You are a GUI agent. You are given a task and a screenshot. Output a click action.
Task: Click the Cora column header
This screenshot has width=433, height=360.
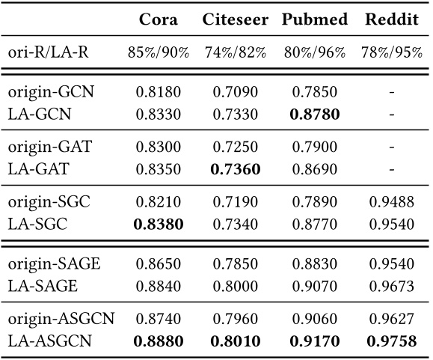pyautogui.click(x=159, y=19)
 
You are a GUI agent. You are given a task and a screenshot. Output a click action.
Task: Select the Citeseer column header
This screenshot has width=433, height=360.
pyautogui.click(x=235, y=19)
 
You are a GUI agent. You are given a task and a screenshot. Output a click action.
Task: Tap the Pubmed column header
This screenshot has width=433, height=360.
pyautogui.click(x=313, y=19)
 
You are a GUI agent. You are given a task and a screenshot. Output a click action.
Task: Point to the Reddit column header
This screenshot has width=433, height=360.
pyautogui.click(x=391, y=19)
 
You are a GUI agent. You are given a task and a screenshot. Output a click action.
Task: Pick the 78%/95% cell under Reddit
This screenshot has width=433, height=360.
pyautogui.click(x=391, y=54)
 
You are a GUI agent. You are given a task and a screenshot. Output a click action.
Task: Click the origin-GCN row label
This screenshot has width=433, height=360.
pyautogui.click(x=52, y=92)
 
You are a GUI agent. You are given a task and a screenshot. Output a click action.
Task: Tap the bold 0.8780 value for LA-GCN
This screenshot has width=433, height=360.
pyautogui.click(x=313, y=115)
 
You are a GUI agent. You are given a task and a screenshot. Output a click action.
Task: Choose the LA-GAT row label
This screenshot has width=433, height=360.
pyautogui.click(x=38, y=169)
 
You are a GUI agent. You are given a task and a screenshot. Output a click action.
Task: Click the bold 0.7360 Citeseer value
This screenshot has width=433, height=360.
pyautogui.click(x=235, y=169)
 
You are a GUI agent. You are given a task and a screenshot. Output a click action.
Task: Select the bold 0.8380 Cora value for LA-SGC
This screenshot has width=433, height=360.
pyautogui.click(x=158, y=223)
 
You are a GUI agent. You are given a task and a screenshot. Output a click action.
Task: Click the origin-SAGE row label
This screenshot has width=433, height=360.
pyautogui.click(x=54, y=263)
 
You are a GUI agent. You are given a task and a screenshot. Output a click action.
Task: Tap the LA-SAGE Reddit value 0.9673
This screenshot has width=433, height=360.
pyautogui.click(x=391, y=284)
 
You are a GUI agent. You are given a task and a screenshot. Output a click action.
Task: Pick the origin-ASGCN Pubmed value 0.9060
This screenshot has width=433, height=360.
pyautogui.click(x=313, y=318)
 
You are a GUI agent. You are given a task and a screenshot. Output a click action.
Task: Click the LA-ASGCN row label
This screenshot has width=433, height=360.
pyautogui.click(x=49, y=341)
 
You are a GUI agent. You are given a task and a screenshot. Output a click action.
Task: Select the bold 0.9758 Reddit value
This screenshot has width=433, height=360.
pyautogui.click(x=391, y=341)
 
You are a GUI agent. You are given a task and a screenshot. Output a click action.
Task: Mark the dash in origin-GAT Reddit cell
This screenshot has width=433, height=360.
pyautogui.click(x=391, y=147)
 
